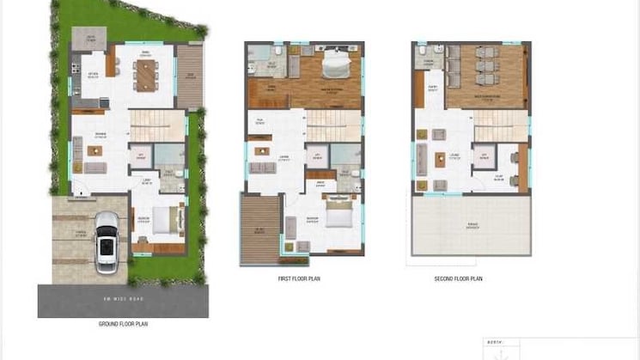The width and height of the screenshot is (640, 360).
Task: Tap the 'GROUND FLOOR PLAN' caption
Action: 124,325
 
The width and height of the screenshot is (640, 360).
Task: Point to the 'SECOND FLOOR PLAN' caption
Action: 459,279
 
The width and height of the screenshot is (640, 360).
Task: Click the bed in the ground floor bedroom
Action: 168,221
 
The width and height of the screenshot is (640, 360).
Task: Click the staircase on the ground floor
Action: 157,126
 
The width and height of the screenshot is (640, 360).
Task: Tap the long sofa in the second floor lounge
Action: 421,159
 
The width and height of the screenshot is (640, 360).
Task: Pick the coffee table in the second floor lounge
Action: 438,157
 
